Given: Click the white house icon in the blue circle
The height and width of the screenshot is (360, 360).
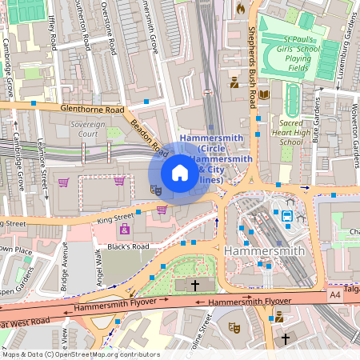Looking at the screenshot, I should pyautogui.click(x=180, y=173).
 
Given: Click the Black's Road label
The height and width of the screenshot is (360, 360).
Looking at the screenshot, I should pyautogui.click(x=129, y=246).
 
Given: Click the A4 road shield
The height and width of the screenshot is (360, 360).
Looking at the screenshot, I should pyautogui.click(x=334, y=296).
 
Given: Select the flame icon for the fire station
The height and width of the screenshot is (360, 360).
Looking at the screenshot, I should pyautogui.click(x=240, y=8).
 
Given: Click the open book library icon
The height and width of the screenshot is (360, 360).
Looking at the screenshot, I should pyautogui.click(x=264, y=94).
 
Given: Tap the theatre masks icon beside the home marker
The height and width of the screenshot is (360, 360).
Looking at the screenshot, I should pyautogui.click(x=156, y=190).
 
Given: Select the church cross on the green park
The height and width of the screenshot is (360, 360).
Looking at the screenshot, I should pyautogui.click(x=194, y=286).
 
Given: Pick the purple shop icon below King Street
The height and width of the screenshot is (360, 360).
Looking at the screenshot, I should pyautogui.click(x=124, y=230).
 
